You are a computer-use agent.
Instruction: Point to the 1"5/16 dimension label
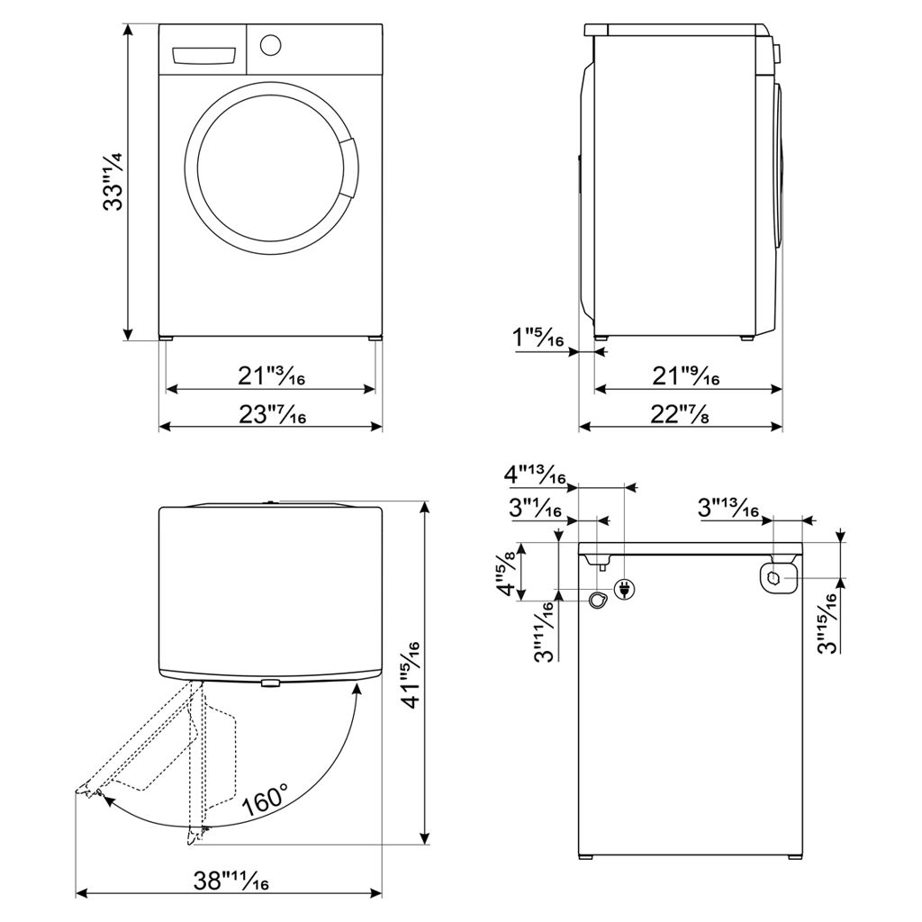[538, 340]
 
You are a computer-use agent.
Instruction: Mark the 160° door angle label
[264, 800]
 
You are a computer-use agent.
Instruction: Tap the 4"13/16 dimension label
[535, 475]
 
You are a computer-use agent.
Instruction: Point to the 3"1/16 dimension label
[535, 509]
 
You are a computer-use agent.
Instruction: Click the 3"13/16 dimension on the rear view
[728, 509]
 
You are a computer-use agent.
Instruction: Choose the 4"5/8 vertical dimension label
[511, 573]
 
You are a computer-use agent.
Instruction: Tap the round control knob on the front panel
[271, 44]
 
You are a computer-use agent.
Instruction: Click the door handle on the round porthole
[348, 170]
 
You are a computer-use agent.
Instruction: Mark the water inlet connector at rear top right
[777, 576]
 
